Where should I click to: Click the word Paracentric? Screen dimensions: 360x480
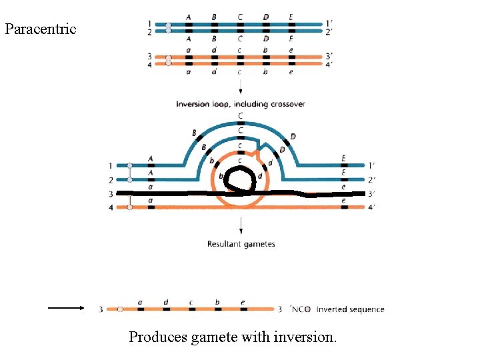[40, 29]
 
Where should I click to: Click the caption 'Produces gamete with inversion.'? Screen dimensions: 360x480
[233, 337]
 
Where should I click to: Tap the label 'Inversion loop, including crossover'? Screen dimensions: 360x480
[240, 104]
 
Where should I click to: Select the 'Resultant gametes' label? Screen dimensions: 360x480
[241, 244]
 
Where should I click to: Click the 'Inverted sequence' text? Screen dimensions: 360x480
[350, 309]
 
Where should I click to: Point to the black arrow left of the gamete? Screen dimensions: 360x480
[65, 308]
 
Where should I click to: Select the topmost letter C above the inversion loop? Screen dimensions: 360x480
[241, 115]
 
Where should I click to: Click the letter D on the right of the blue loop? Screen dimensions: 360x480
[293, 137]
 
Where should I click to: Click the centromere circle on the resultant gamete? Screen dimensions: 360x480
[120, 309]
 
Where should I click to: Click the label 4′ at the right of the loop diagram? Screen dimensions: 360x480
[371, 207]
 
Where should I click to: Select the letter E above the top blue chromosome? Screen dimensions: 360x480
[291, 17]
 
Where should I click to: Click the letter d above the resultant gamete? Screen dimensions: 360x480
[165, 302]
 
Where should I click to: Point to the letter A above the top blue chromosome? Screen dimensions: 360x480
[189, 17]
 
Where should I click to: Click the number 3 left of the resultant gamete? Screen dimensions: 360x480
[101, 309]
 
